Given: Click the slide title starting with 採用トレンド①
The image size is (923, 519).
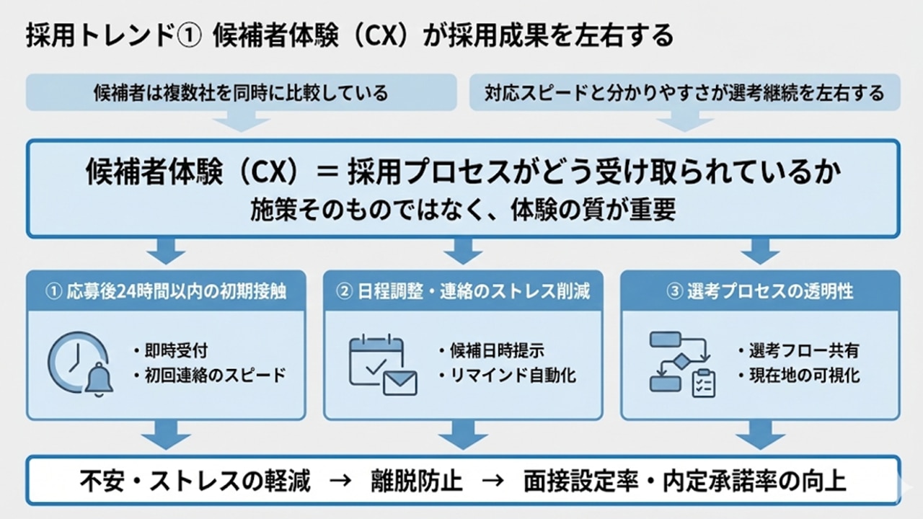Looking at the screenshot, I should [349, 35].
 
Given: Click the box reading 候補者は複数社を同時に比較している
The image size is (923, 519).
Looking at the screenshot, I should [241, 92].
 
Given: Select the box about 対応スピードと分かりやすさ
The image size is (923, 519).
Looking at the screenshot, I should [684, 92].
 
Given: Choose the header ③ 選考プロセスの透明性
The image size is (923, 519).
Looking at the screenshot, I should [760, 290].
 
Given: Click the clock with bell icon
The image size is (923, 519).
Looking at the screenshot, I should [81, 364].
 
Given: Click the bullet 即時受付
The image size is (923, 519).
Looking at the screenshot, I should [170, 351].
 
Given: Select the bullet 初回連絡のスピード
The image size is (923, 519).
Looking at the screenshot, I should [208, 376].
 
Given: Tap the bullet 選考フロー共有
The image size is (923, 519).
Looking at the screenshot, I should [798, 351].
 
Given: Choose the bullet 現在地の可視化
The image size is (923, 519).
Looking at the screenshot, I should [798, 376].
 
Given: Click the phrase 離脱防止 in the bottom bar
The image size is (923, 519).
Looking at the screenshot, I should [418, 482].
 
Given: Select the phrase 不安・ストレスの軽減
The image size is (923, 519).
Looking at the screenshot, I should [195, 482].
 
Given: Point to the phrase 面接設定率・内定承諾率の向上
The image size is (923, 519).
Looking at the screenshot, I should [685, 482].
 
